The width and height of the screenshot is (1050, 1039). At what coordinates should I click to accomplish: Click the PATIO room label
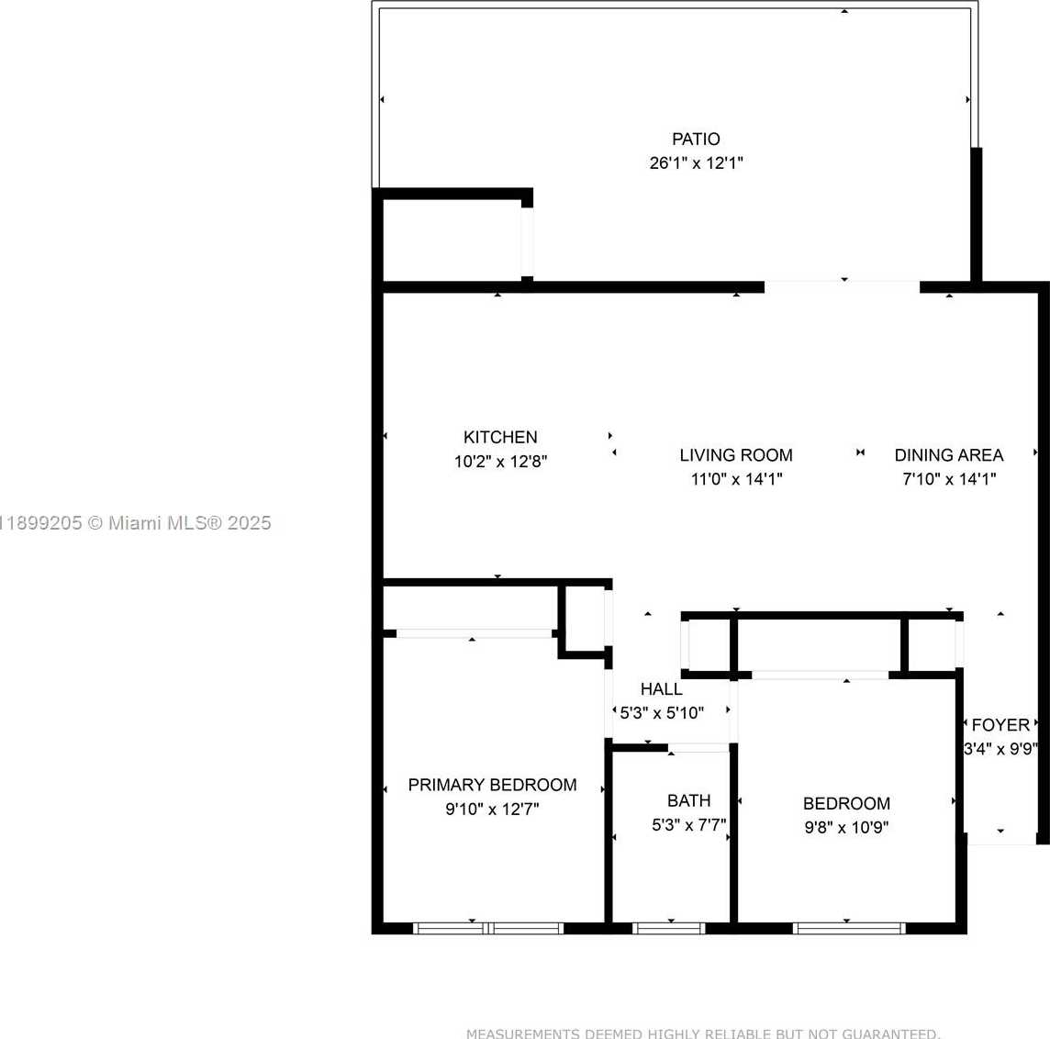(696, 140)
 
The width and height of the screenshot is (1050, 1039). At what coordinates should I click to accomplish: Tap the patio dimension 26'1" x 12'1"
(696, 163)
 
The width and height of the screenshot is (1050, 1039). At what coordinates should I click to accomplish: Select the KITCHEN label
(500, 438)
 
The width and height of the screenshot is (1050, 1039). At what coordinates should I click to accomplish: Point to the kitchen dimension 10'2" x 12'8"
(500, 462)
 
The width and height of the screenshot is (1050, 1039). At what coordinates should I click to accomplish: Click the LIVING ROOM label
(736, 455)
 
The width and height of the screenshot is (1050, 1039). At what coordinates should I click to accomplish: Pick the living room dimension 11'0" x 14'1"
(736, 479)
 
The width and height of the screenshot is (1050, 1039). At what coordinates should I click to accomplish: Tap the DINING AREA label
(949, 455)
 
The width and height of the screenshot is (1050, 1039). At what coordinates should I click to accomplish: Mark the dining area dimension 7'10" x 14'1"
(949, 479)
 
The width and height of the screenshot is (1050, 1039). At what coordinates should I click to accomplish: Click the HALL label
(661, 689)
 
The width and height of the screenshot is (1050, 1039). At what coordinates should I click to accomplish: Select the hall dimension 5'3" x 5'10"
(662, 713)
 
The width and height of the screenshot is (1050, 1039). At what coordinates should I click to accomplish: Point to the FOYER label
(1000, 725)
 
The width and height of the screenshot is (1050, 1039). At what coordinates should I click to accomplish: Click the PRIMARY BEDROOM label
(492, 786)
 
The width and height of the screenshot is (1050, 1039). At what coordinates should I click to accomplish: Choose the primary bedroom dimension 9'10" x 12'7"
(492, 810)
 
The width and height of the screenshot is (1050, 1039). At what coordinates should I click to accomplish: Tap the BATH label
(688, 801)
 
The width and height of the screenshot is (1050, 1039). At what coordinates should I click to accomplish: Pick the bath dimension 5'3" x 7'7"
(688, 825)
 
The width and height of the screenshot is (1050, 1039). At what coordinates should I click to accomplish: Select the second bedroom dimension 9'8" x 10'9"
(846, 828)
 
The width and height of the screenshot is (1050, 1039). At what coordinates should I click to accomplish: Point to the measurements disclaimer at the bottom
(703, 1033)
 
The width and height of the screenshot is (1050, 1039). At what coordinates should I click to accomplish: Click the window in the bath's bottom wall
(670, 928)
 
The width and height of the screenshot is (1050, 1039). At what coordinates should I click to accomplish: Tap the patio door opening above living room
(842, 286)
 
